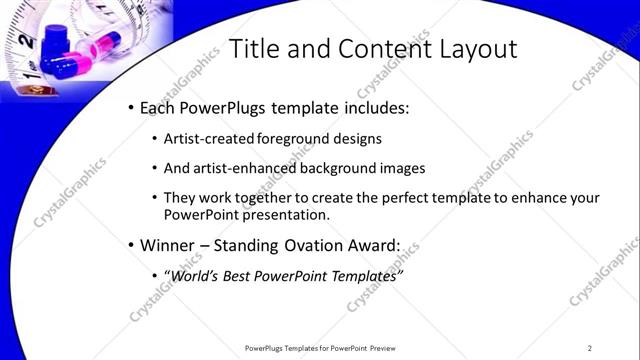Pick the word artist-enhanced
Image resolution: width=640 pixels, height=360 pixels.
pos(240,168)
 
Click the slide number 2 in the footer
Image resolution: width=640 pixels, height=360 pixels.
pos(590,348)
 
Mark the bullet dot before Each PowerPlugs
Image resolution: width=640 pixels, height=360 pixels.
pos(131,108)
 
